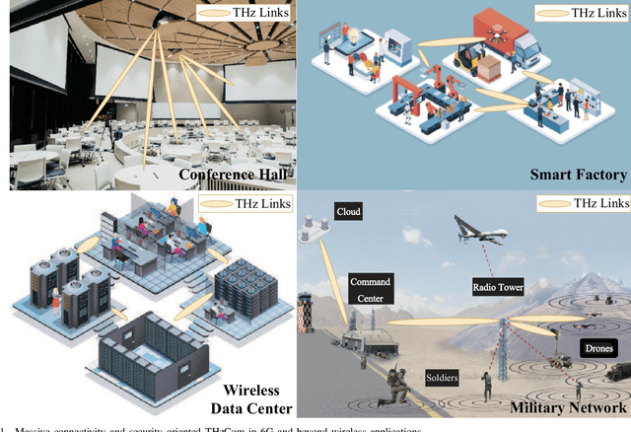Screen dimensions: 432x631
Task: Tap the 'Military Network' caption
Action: tap(569, 405)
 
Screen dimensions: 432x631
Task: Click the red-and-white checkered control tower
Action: tap(501, 325)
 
